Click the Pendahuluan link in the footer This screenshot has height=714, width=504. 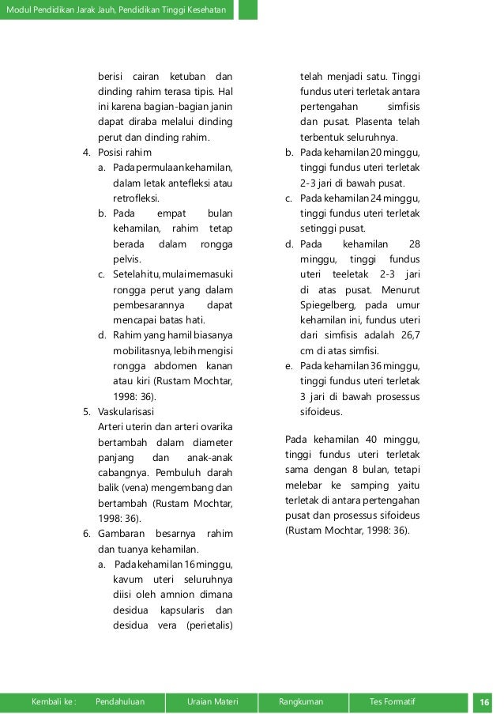click(118, 701)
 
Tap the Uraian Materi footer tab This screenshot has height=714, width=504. click(213, 701)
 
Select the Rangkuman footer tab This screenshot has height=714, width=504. click(305, 701)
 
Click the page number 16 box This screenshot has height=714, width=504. click(483, 701)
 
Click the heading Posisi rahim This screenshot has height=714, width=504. click(124, 152)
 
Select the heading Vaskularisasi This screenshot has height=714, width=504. click(126, 410)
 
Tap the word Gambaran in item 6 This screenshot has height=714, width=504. click(121, 533)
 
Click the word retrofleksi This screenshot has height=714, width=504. click(136, 198)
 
